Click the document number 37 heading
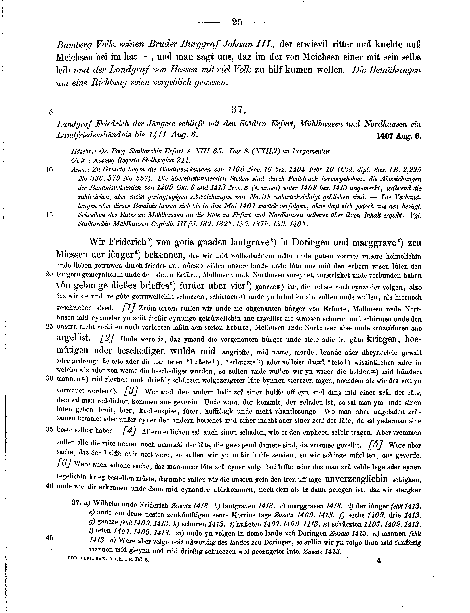coord(238,110)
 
